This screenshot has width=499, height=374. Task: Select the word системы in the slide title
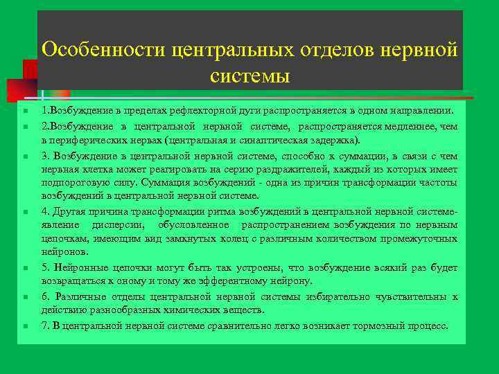249,75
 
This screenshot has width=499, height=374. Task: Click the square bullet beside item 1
24,112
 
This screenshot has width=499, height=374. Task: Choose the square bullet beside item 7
24,326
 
